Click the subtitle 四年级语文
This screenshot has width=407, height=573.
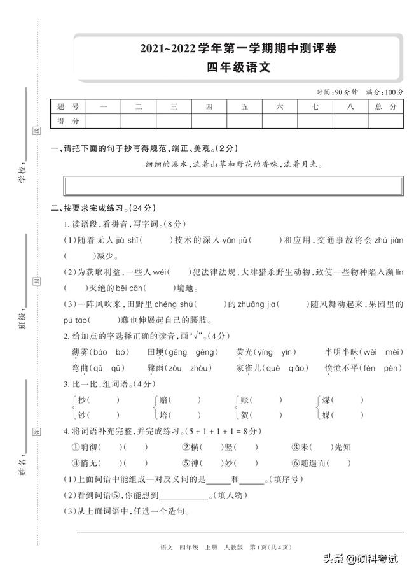pyautogui.click(x=238, y=67)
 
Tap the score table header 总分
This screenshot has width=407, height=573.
pyautogui.click(x=385, y=107)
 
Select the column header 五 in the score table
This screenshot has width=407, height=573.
pyautogui.click(x=244, y=107)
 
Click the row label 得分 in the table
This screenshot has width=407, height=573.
pyautogui.click(x=68, y=120)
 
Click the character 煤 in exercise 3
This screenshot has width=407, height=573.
pyautogui.click(x=326, y=400)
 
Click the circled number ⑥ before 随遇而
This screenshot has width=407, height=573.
pyautogui.click(x=296, y=463)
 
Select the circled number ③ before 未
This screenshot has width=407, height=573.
pyautogui.click(x=296, y=448)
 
